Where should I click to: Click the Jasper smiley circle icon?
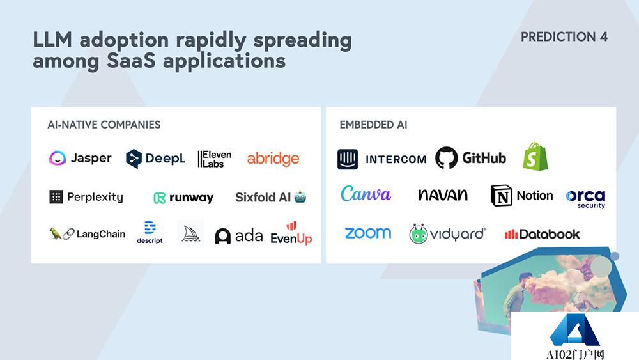point(58,158)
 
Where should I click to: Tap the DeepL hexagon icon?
point(134,159)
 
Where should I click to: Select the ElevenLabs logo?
point(214,159)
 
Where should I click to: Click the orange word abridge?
point(273,159)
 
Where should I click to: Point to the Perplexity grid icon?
point(56,197)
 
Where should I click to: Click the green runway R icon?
point(159,198)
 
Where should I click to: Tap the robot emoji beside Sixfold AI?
point(300,198)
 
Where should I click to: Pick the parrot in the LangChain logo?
point(55,233)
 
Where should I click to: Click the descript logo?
point(150,232)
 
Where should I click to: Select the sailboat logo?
point(190,233)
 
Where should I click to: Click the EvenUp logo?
point(291,233)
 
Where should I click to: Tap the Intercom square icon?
point(348,159)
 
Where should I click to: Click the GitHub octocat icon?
point(446,158)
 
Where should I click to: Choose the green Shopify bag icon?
point(535,156)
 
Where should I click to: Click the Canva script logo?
point(366,194)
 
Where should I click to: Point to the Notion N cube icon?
point(501,195)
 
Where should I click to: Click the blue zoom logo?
point(368,233)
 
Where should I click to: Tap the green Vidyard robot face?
point(418,234)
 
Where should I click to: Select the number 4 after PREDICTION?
point(604,36)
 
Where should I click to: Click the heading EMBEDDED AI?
point(373,125)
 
